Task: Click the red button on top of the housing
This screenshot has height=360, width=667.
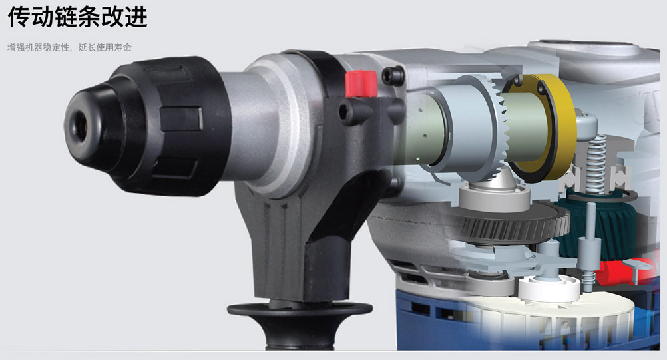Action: (361, 84)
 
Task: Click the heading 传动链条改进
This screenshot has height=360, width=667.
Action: (77, 17)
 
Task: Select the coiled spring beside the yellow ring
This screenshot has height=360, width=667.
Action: (596, 164)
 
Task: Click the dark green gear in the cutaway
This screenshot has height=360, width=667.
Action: (604, 226)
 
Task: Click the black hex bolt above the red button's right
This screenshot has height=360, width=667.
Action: (391, 76)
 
